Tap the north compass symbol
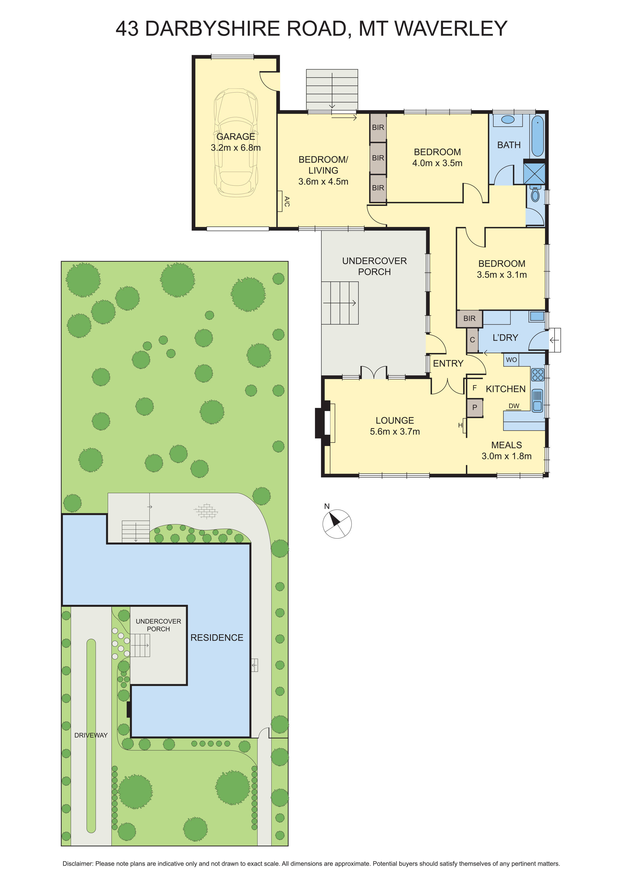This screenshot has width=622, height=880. pyautogui.click(x=337, y=524)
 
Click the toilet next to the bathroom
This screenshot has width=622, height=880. pyautogui.click(x=535, y=195)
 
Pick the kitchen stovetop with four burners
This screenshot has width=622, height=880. pyautogui.click(x=538, y=375)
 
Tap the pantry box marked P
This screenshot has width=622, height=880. pyautogui.click(x=475, y=407)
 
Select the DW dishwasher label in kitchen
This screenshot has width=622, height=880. pyautogui.click(x=514, y=406)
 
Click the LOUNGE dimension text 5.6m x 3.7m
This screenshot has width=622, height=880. pyautogui.click(x=395, y=431)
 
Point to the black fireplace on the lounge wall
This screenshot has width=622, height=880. pyautogui.click(x=321, y=423)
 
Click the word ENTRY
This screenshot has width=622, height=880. pyautogui.click(x=448, y=363)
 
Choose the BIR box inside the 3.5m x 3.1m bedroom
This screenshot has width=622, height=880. pyautogui.click(x=469, y=319)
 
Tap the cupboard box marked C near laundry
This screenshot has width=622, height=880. pyautogui.click(x=472, y=340)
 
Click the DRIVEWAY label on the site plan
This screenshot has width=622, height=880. pyautogui.click(x=91, y=735)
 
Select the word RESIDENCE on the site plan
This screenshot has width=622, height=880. pyautogui.click(x=217, y=637)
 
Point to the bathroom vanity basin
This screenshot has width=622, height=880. pyautogui.click(x=508, y=120)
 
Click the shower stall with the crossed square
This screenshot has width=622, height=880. pyautogui.click(x=534, y=173)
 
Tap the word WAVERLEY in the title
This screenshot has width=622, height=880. pyautogui.click(x=451, y=28)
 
